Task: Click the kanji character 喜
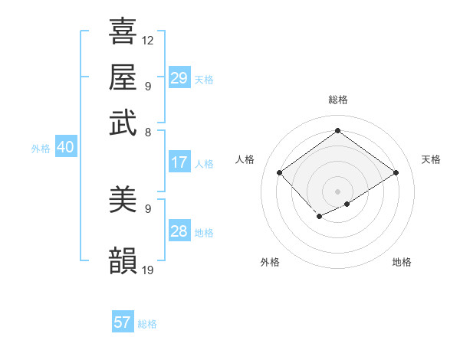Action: tap(123, 31)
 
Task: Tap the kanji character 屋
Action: tap(123, 77)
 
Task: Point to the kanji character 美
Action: tap(123, 201)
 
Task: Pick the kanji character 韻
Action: tap(123, 260)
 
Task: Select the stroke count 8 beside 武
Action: tap(148, 132)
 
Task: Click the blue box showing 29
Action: tap(179, 77)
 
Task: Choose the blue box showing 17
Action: tap(179, 162)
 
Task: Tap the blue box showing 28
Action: tap(179, 231)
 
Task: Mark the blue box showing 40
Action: tap(64, 147)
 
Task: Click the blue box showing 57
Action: tap(122, 322)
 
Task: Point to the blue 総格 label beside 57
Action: tap(147, 324)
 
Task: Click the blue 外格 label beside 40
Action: tap(41, 149)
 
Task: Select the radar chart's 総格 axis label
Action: tap(337, 100)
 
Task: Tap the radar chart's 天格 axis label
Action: tap(431, 159)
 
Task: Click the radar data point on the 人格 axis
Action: tap(280, 173)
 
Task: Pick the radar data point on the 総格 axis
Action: tap(337, 130)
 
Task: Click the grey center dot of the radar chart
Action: tap(337, 191)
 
